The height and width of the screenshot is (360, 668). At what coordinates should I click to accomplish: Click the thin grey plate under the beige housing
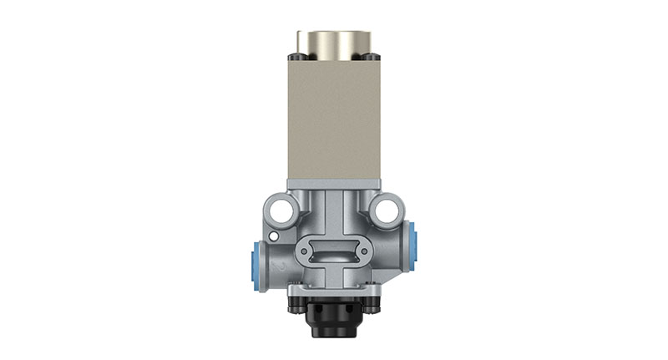[333, 185]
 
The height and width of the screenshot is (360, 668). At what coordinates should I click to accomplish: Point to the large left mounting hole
[281, 209]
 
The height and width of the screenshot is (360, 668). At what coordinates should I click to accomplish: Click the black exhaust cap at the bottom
[333, 322]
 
